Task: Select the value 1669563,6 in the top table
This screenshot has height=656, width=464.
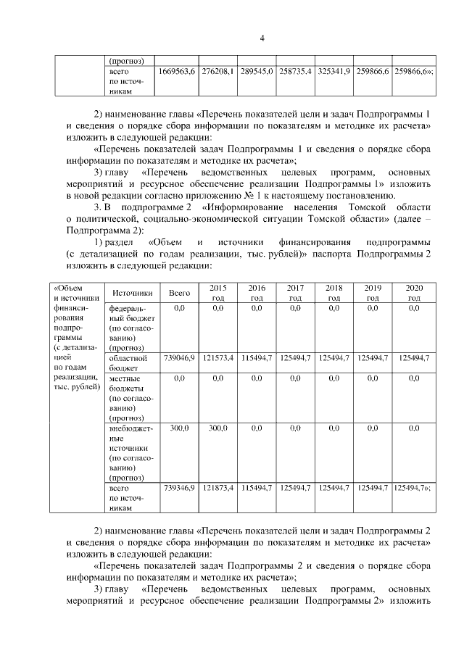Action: [x=177, y=73]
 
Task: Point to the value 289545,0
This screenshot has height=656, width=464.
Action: [x=256, y=73]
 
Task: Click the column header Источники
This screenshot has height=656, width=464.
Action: [x=133, y=293]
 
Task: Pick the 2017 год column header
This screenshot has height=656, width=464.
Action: [x=295, y=293]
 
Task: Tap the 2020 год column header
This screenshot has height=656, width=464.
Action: [x=413, y=293]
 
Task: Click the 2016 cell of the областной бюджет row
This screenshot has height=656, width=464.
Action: [x=256, y=358]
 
